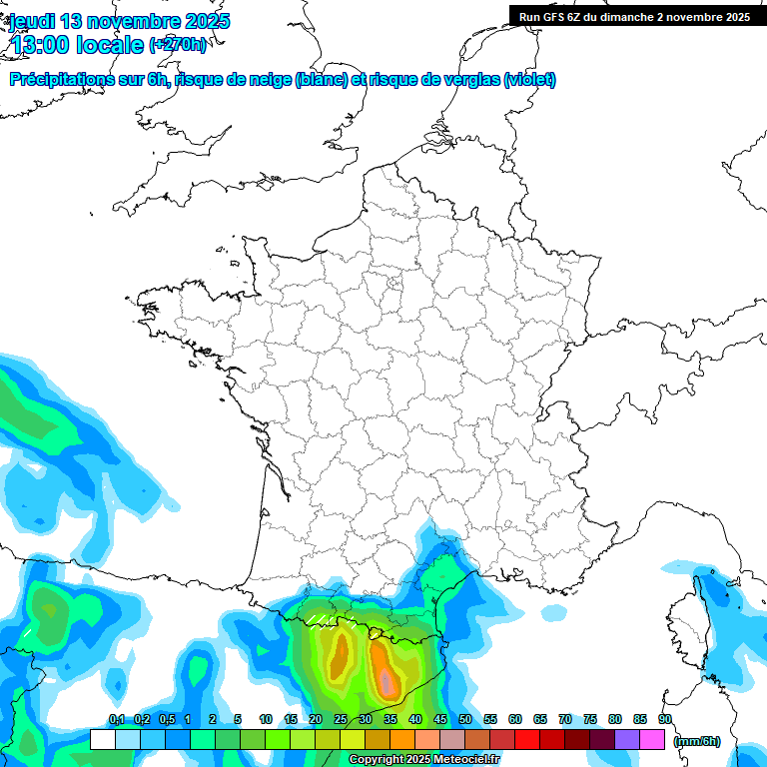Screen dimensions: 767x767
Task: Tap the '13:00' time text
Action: [44, 44]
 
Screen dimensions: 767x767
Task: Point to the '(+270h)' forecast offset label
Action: [178, 45]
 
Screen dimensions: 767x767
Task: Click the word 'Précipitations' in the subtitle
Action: [62, 80]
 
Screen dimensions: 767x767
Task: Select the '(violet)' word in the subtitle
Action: [529, 80]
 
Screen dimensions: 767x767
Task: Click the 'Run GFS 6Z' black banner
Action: [634, 16]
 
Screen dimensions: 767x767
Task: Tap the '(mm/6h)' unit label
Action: [697, 740]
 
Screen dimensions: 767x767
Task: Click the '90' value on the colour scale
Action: [664, 720]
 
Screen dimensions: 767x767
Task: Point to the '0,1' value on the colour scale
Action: [116, 720]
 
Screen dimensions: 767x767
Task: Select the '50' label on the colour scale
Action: [465, 720]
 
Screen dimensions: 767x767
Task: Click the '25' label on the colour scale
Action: [341, 720]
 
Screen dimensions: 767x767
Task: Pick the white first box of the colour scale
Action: [102, 739]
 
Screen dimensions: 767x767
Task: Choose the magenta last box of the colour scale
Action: [652, 739]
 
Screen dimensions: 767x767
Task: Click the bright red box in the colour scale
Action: [527, 739]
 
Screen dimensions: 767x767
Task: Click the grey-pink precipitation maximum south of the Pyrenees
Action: [386, 682]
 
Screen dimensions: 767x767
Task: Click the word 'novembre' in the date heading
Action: [134, 21]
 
